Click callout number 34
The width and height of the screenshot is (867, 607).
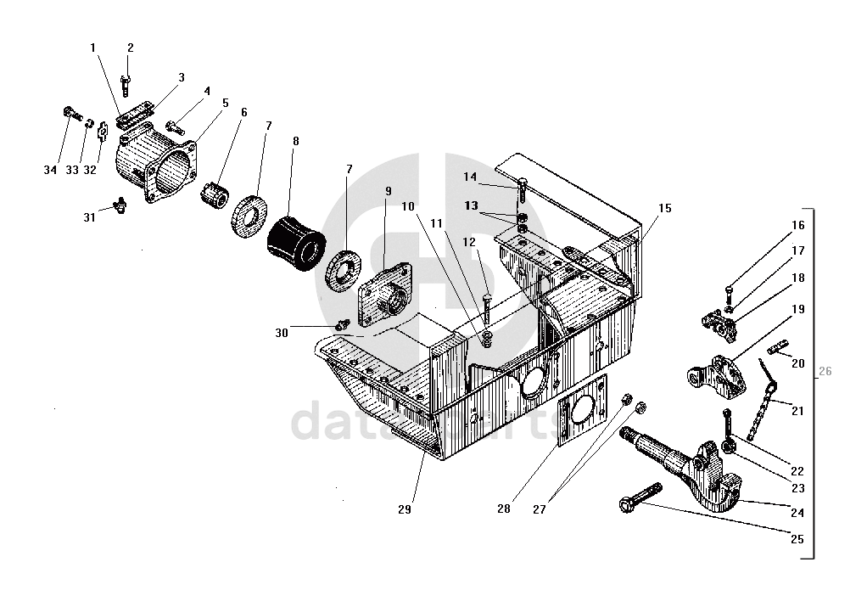click(x=50, y=171)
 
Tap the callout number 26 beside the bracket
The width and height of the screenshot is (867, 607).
click(x=825, y=371)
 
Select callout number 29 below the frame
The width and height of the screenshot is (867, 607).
click(x=404, y=509)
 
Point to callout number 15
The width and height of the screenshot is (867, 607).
click(x=664, y=208)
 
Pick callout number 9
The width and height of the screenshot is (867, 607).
click(x=387, y=191)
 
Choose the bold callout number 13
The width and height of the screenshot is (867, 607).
click(x=471, y=206)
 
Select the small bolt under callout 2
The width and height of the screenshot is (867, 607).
click(x=126, y=83)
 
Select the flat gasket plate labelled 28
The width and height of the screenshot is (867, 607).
click(x=583, y=413)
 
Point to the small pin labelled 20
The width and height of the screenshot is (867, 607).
click(x=777, y=348)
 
